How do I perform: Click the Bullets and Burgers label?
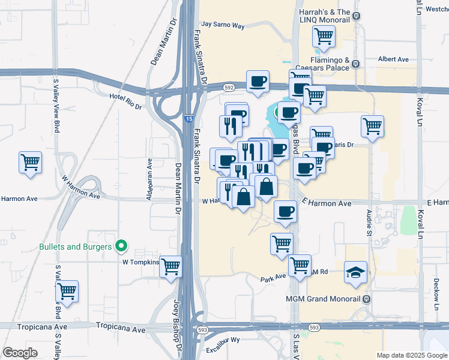point(76,247)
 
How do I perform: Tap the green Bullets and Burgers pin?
point(121,246)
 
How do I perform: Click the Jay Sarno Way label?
point(223,25)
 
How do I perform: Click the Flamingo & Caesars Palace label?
point(321,64)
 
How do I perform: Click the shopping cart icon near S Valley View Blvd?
point(30,162)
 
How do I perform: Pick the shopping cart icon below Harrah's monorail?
point(324,37)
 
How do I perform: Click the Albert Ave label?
point(393,59)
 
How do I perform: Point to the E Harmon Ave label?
point(327,203)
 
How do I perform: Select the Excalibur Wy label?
point(223,348)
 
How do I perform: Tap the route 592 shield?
point(229,88)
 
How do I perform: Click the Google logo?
point(20,353)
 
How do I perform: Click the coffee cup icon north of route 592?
point(258,81)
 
